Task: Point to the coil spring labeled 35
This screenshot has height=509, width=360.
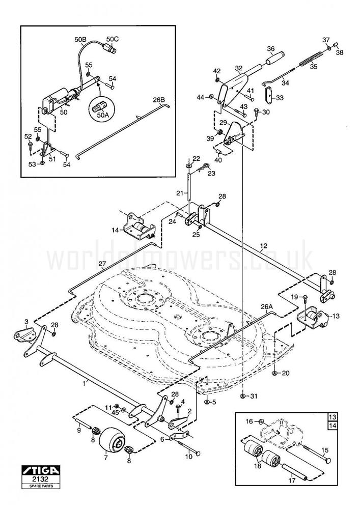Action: tap(311, 58)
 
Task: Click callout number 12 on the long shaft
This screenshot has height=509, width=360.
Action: tap(263, 246)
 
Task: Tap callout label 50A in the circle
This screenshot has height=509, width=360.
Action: tap(103, 116)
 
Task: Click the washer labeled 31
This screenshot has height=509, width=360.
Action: tap(242, 396)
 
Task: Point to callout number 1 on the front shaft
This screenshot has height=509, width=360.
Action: tap(90, 380)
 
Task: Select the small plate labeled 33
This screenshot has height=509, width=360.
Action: tap(267, 95)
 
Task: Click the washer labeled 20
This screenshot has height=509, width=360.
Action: tap(274, 373)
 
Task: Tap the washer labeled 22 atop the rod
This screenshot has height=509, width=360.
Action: tap(189, 165)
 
